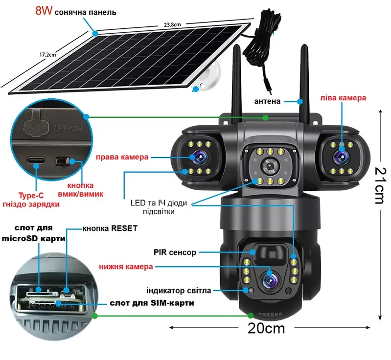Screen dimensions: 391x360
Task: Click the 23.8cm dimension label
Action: [x=172, y=24]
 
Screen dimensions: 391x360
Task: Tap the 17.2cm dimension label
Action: [x=47, y=54]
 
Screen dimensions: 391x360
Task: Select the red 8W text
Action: [x=44, y=10]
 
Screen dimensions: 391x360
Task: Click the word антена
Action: [x=267, y=101]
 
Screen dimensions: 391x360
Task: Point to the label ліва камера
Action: [x=343, y=98]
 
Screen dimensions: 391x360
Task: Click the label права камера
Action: [x=122, y=157]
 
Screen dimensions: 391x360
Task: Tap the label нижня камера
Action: [x=126, y=267]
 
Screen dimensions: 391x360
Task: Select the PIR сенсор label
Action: [x=175, y=252]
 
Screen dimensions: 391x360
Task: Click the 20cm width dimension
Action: [x=266, y=328]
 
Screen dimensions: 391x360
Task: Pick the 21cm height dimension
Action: [x=381, y=185]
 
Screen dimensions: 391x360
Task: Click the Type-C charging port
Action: [x=36, y=160]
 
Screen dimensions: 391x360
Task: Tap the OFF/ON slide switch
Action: [x=63, y=161]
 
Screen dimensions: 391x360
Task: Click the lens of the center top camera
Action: [x=270, y=166]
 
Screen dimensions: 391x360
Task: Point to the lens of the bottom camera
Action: [x=270, y=281]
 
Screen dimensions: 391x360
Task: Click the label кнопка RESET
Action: [x=110, y=228]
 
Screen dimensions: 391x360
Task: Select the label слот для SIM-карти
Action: [x=152, y=303]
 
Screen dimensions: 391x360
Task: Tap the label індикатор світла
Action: [x=179, y=291]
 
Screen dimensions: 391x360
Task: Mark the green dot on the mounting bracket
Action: [x=266, y=118]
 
